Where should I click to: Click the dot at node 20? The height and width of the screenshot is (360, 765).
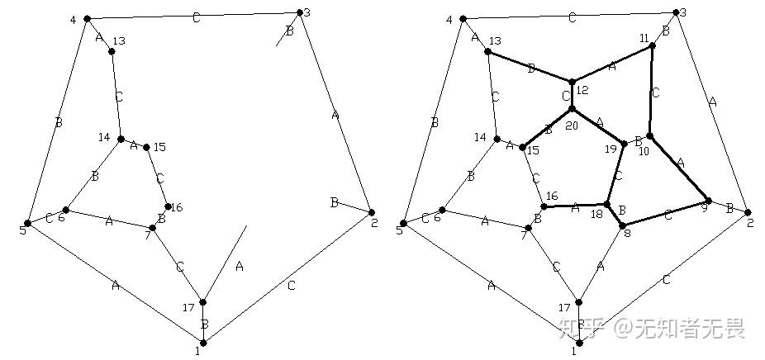tap(572, 109)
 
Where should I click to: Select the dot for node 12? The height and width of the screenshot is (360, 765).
tap(572, 82)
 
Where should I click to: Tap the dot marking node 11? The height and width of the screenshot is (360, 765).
tap(653, 45)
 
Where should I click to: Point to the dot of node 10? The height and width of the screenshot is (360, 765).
tap(649, 136)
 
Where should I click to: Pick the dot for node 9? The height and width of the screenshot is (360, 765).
tap(708, 201)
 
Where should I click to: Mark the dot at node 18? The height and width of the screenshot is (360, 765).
tap(607, 204)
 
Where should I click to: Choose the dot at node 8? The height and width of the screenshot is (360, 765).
tap(622, 225)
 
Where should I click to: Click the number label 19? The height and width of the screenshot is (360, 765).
tap(611, 149)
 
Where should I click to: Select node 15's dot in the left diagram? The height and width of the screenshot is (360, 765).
tap(146, 148)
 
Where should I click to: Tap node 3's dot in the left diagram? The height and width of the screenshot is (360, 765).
tap(299, 12)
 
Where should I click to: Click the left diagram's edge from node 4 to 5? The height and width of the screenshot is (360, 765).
tap(57, 121)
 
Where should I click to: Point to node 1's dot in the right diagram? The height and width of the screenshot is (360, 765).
tap(578, 342)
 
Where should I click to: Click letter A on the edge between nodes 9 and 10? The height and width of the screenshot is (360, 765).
tap(680, 163)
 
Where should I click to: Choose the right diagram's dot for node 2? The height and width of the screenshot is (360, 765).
tap(748, 212)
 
